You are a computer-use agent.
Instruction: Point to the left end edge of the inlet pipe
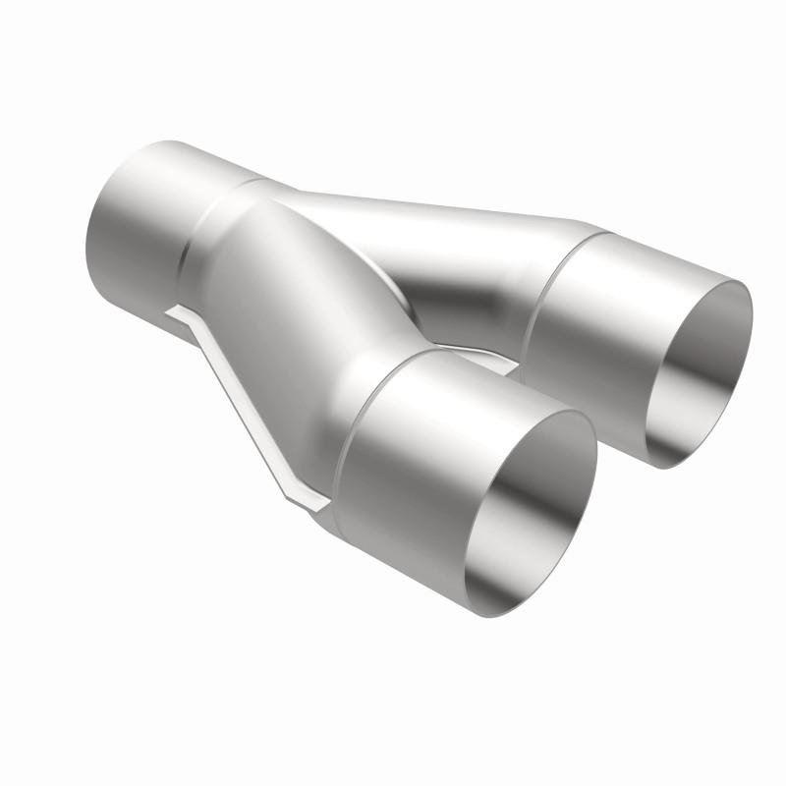98,236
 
